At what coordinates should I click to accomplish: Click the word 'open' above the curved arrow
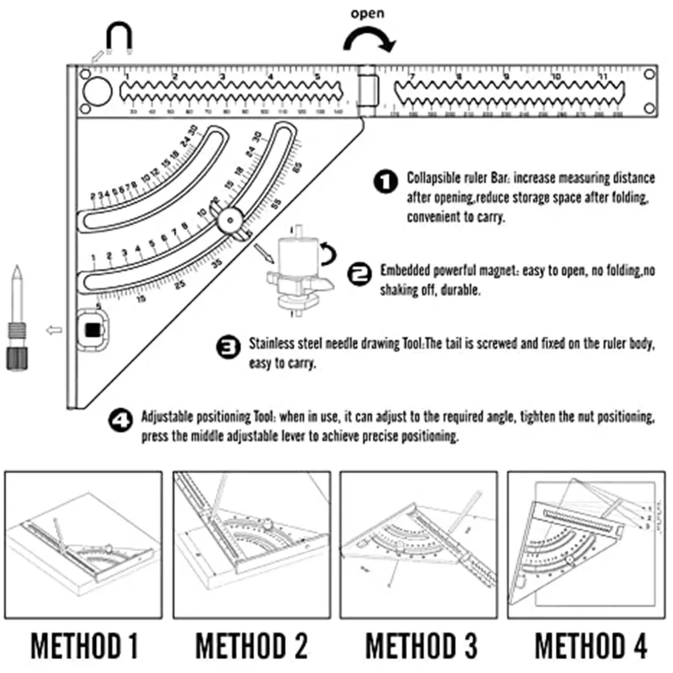click(x=367, y=14)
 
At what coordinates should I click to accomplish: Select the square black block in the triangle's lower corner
click(x=92, y=328)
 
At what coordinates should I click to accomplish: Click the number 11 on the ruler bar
click(x=603, y=76)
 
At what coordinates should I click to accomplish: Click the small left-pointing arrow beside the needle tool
click(x=55, y=329)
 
